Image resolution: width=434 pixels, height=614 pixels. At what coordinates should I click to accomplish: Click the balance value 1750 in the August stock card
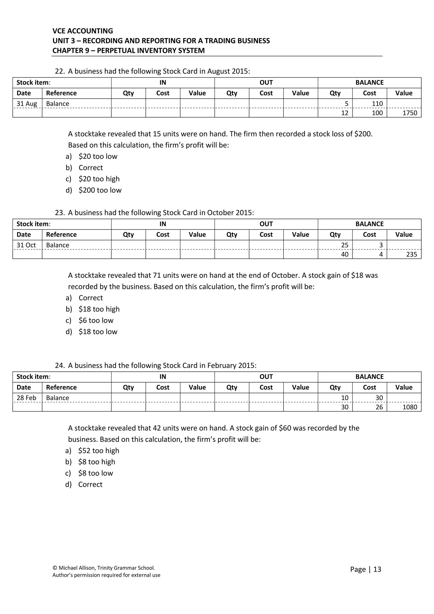click(x=409, y=113)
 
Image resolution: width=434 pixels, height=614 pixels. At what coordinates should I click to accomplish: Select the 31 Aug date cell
click(x=27, y=104)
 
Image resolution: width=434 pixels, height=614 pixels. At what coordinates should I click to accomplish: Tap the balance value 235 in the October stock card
click(x=411, y=254)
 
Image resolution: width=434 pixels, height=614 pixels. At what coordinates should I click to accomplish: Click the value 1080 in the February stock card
click(x=409, y=407)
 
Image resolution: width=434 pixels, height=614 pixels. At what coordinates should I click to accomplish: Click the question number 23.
click(x=60, y=213)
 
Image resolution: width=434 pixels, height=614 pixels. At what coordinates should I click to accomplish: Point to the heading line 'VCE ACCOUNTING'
click(x=83, y=31)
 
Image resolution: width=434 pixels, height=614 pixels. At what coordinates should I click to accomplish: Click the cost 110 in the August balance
click(x=377, y=104)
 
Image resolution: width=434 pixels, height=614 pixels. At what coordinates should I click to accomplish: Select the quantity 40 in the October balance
click(x=345, y=254)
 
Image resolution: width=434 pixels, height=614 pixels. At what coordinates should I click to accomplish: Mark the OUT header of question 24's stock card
click(x=266, y=377)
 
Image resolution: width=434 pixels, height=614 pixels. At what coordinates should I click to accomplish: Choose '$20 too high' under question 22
click(x=99, y=179)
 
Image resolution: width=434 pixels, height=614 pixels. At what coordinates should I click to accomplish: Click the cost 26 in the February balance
click(x=379, y=407)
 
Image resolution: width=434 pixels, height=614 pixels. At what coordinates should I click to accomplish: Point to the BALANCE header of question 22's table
click(x=369, y=83)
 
